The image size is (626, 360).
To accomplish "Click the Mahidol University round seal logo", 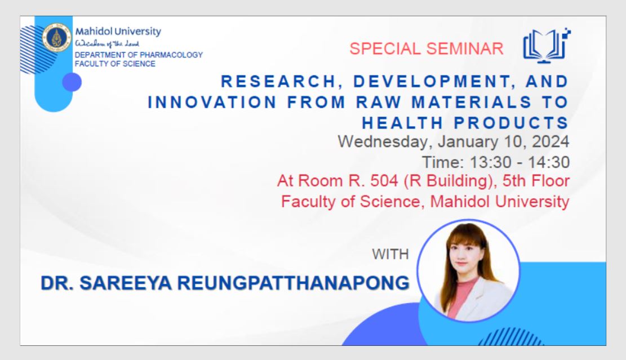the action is coord(57,38).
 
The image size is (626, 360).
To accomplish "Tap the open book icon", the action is coord(546,46).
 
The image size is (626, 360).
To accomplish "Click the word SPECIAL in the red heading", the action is coord(385,48).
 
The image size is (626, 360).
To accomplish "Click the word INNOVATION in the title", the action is coord(212,102).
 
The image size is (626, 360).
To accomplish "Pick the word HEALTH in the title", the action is coord(402,123).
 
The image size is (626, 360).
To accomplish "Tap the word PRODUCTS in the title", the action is coord(512,123).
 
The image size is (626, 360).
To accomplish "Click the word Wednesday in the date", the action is coord(385,142).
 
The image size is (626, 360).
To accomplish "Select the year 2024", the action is coord(550,141).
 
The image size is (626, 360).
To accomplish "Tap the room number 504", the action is coord(384,181).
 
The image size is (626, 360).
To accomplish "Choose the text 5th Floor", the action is coord(536,181).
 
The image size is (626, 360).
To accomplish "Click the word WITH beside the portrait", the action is coord(390,254).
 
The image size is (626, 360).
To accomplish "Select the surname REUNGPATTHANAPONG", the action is coord(294,283).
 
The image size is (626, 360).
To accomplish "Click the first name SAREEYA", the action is coord(126,283).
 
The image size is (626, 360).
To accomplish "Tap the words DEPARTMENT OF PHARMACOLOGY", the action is coord(139,55).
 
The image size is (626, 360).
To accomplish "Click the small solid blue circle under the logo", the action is coord(72,82).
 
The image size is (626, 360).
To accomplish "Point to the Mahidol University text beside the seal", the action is coord(118,32).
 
